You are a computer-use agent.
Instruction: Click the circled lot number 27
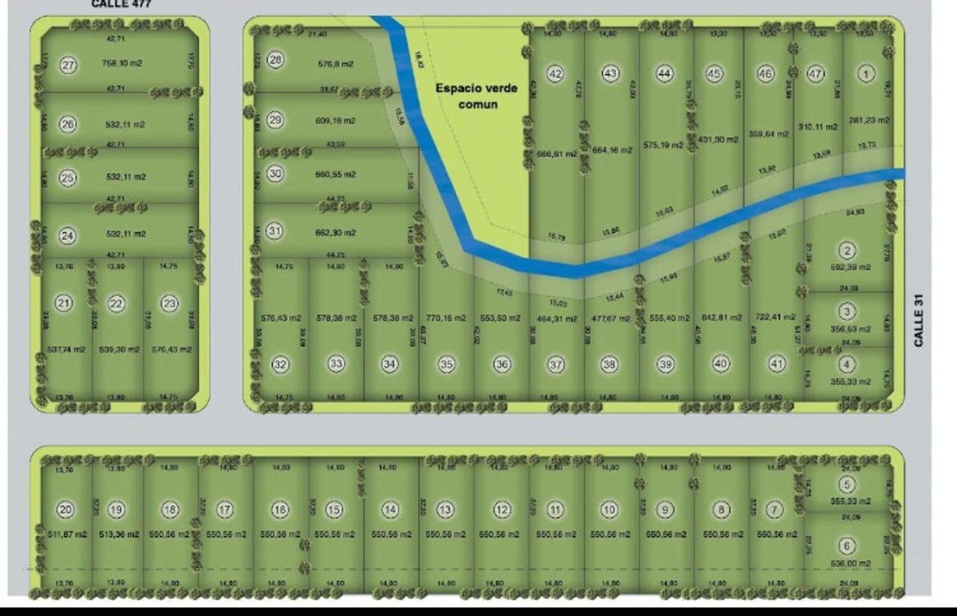tap(68, 65)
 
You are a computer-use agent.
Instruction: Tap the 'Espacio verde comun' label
tap(476, 96)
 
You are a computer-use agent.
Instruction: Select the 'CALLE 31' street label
tap(918, 320)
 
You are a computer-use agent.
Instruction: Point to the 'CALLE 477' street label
tap(121, 4)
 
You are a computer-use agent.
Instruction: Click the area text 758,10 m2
tap(122, 63)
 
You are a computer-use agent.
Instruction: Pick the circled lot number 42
tap(555, 74)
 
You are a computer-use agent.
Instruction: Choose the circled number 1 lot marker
tap(866, 74)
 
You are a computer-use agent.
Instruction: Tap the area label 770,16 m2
tap(445, 318)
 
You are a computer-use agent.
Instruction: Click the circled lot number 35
tap(447, 364)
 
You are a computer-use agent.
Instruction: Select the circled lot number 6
tap(847, 546)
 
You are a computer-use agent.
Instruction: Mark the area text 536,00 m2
tap(850, 564)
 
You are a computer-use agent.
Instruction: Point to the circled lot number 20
tap(66, 509)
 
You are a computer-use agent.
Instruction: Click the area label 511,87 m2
tap(67, 534)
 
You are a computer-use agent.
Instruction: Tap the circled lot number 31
tap(275, 231)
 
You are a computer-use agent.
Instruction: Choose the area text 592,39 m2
tap(850, 267)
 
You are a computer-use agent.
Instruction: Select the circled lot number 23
tap(170, 303)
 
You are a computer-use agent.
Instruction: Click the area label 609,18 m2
tap(335, 121)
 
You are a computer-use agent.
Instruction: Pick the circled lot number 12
tap(501, 509)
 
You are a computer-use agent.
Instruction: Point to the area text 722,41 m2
tap(775, 317)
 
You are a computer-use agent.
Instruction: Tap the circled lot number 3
tap(847, 311)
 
